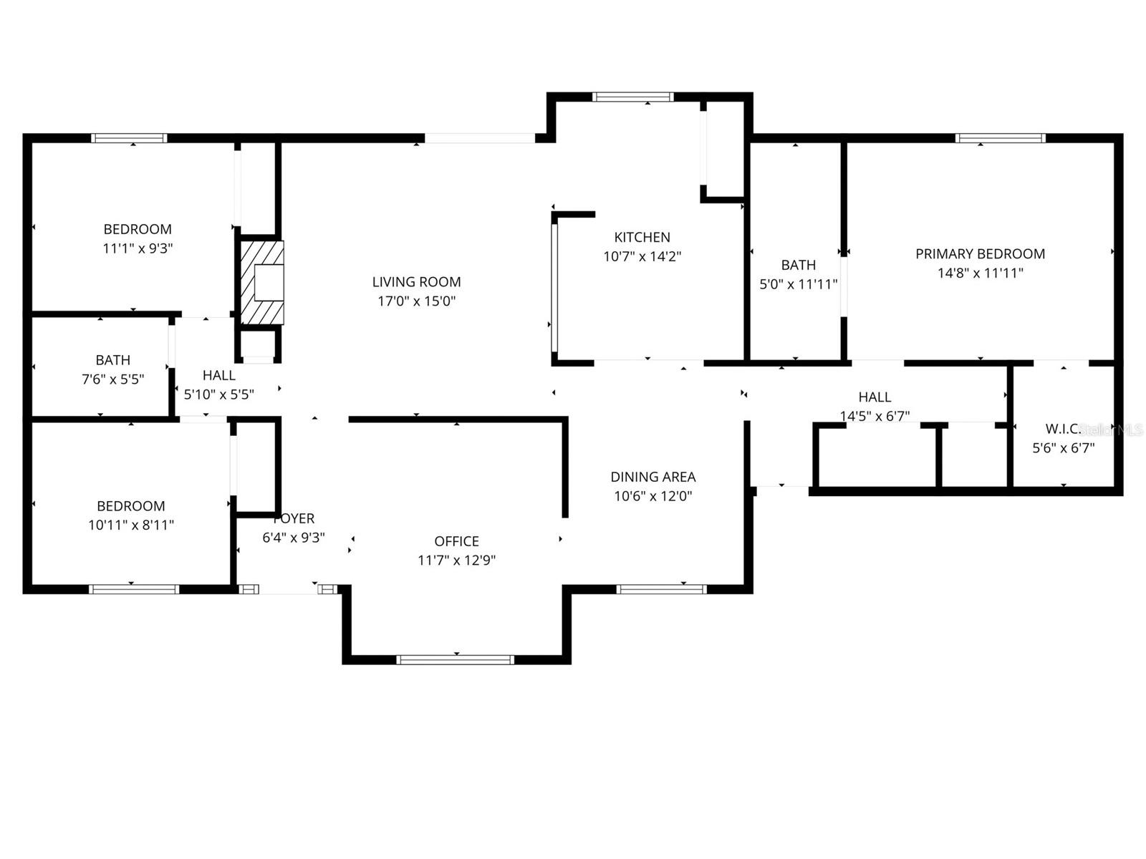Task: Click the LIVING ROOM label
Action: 416,282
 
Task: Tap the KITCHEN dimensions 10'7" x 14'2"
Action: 642,256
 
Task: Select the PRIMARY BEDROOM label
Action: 980,253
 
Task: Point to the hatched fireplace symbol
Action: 261,283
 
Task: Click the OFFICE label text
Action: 456,541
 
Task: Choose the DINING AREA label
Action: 653,477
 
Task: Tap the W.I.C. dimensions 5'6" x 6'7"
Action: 1063,448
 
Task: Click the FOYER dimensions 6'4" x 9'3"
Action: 294,537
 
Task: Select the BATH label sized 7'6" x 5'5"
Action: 113,360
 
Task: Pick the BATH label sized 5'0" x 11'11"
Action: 798,265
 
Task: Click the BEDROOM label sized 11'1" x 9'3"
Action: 138,229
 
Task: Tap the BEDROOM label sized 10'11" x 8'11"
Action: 131,505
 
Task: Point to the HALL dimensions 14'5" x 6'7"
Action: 875,416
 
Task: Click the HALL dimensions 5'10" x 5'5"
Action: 218,394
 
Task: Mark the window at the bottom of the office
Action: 456,659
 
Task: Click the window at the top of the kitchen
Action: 633,97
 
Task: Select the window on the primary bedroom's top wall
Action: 1001,138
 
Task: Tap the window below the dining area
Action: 661,589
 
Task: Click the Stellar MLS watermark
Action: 1112,429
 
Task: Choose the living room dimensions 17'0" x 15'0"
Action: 416,301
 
